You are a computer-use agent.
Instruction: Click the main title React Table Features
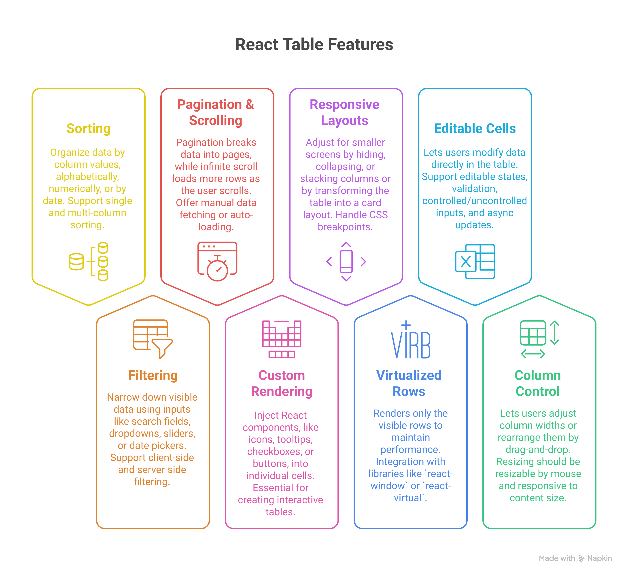click(x=314, y=44)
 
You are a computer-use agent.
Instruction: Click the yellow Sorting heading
click(x=88, y=129)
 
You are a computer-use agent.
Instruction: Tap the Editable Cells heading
click(x=474, y=129)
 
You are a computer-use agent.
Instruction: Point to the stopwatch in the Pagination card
click(x=217, y=268)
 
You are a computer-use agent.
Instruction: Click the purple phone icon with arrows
click(x=346, y=261)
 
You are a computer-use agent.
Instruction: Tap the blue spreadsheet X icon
click(x=474, y=261)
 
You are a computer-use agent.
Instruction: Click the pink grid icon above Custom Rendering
click(x=282, y=339)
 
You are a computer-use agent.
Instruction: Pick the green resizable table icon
click(x=539, y=339)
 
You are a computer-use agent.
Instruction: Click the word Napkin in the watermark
click(x=599, y=558)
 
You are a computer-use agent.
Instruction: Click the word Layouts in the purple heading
click(x=344, y=120)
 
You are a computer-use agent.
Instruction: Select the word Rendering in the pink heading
click(x=282, y=391)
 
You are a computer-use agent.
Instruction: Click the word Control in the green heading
click(x=537, y=391)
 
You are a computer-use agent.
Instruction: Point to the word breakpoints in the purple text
click(x=345, y=227)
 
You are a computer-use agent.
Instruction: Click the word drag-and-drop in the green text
click(x=538, y=450)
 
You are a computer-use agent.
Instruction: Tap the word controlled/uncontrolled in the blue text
click(x=474, y=201)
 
